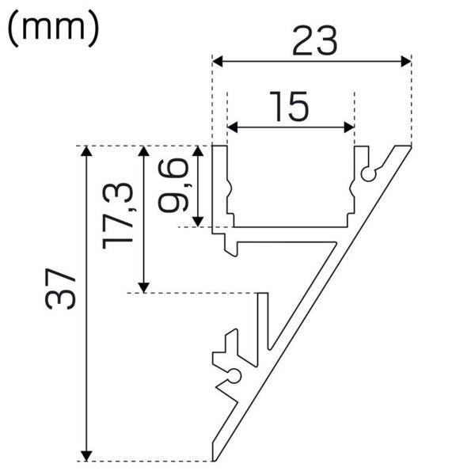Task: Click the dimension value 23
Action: click(x=315, y=41)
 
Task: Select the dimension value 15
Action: click(x=290, y=106)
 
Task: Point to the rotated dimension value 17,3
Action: click(x=118, y=216)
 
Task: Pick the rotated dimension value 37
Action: click(x=59, y=289)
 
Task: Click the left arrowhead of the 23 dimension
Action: click(x=218, y=61)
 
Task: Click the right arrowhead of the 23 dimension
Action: click(x=406, y=61)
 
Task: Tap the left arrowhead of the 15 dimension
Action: click(x=232, y=127)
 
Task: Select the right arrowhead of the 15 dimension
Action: click(x=349, y=127)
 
